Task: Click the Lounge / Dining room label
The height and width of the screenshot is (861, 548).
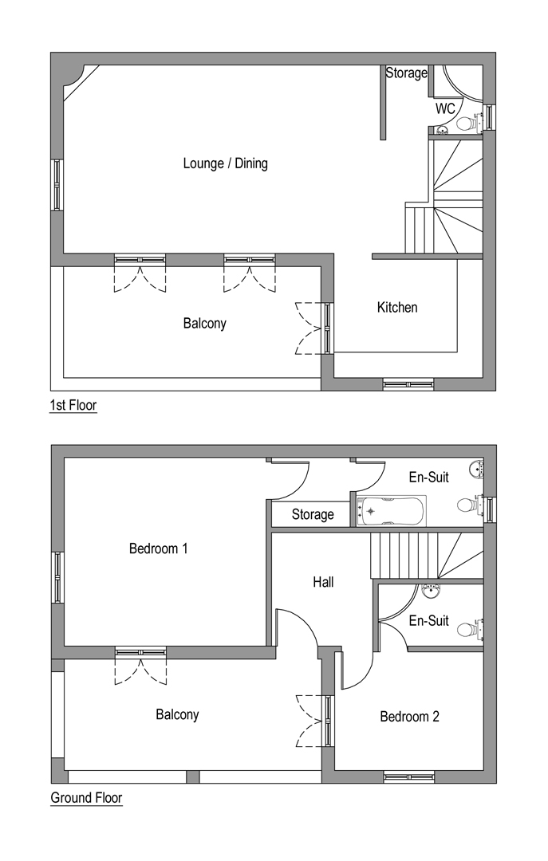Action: [226, 163]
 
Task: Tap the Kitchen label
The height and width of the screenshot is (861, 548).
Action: [397, 308]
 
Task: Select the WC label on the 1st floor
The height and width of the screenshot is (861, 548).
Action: [445, 108]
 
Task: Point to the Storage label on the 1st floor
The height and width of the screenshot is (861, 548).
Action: [406, 73]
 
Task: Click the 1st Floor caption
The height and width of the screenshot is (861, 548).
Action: [73, 405]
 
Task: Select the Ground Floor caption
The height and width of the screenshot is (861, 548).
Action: [86, 798]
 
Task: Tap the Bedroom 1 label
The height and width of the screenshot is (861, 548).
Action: [158, 548]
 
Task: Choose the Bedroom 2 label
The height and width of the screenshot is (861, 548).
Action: [409, 717]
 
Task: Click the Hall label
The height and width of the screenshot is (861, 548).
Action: [323, 582]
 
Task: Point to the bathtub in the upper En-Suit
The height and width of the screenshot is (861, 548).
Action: [391, 511]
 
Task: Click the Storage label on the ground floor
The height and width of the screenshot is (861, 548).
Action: [313, 514]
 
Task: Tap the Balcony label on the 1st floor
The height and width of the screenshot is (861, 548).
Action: [204, 324]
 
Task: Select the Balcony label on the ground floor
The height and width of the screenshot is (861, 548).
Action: [177, 715]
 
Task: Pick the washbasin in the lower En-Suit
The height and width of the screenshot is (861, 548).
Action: [430, 592]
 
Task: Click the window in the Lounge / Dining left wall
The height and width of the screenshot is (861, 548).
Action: [57, 184]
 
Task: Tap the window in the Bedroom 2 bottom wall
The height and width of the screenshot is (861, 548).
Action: [409, 776]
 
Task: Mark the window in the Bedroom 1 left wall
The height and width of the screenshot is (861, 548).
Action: [58, 578]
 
